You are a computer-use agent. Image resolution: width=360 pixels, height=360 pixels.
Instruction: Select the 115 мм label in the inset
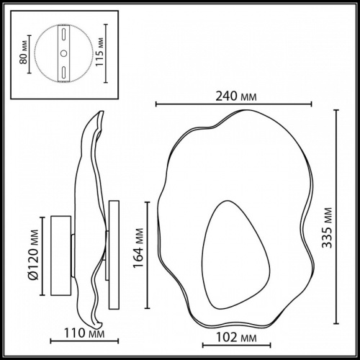point(107,52)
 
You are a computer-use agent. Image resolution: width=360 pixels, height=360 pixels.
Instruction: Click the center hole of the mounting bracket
point(63,53)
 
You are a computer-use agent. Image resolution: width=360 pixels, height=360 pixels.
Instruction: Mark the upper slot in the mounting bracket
point(63,36)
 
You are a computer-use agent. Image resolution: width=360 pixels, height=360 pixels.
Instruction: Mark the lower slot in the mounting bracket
point(63,71)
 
